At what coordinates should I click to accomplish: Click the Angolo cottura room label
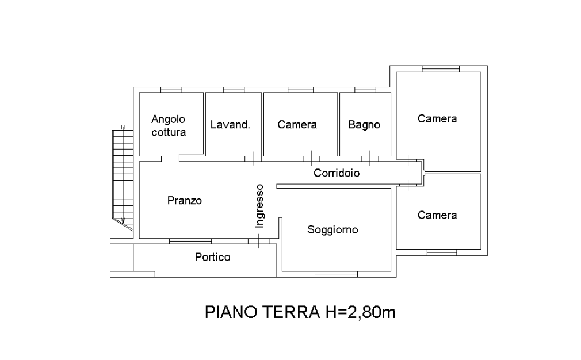click(x=169, y=125)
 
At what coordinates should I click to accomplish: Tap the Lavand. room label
click(x=230, y=124)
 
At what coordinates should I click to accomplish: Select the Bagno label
click(x=364, y=125)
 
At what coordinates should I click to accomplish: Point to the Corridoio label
click(x=337, y=173)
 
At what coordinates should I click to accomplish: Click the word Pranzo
click(x=185, y=200)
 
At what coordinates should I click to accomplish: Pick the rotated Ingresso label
click(x=259, y=206)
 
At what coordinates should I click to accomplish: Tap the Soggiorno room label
click(x=332, y=229)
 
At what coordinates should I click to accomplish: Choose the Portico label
click(x=213, y=257)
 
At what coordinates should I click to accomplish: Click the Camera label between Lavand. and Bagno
click(x=297, y=124)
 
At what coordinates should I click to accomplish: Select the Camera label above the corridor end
click(x=437, y=118)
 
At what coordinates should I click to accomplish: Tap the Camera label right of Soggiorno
click(x=437, y=215)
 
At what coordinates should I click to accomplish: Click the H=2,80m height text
click(x=361, y=312)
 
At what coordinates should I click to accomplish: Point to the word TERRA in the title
click(x=291, y=312)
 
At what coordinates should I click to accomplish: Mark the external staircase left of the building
click(x=123, y=178)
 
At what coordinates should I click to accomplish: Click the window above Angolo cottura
click(x=171, y=90)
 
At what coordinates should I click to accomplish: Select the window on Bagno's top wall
click(x=365, y=90)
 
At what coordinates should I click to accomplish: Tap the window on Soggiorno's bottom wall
click(x=336, y=274)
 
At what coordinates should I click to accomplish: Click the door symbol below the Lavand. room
click(x=253, y=159)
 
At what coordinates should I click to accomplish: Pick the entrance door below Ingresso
click(x=258, y=241)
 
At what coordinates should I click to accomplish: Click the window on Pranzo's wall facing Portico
click(x=190, y=241)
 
